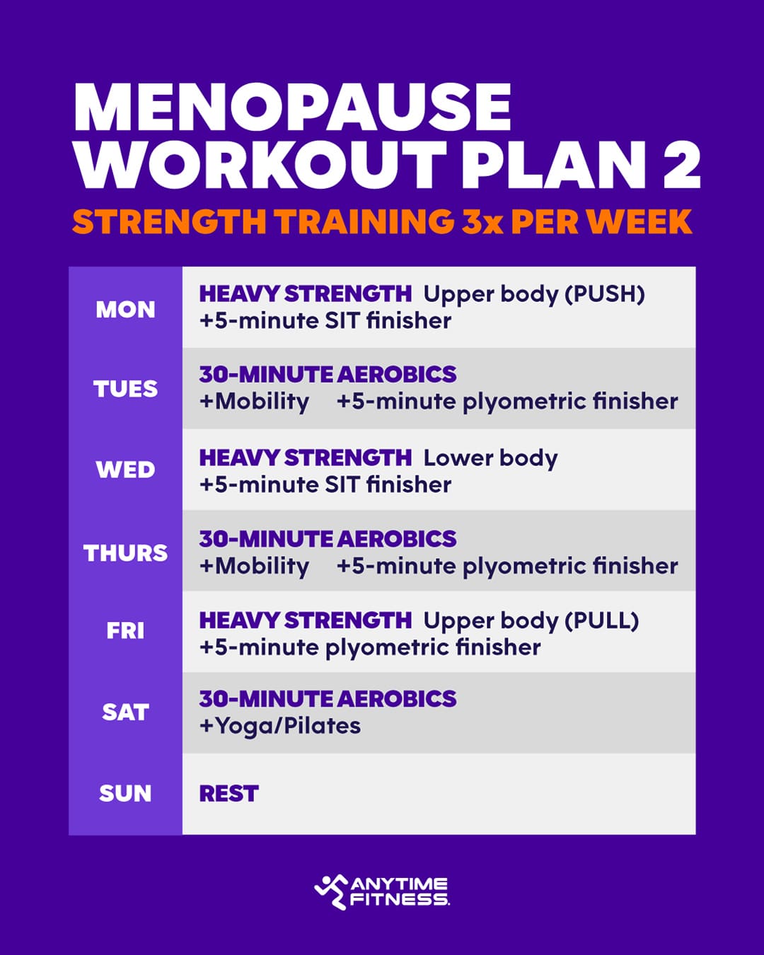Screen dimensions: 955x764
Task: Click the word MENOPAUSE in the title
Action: pyautogui.click(x=291, y=108)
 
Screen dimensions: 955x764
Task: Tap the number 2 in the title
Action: pyautogui.click(x=676, y=166)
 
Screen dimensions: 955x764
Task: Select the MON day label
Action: pyautogui.click(x=125, y=310)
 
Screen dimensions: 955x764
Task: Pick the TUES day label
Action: pyautogui.click(x=125, y=389)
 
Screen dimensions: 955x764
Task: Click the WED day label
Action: pyautogui.click(x=125, y=470)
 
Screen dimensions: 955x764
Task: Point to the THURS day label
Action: pyautogui.click(x=125, y=552)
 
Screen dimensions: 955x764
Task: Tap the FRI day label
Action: pyautogui.click(x=125, y=630)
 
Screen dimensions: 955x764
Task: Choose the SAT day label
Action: pyautogui.click(x=125, y=712)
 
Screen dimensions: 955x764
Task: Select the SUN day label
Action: pyautogui.click(x=125, y=794)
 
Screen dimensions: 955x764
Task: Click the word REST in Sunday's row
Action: pyautogui.click(x=228, y=794)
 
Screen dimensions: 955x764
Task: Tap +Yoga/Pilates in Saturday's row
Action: pyautogui.click(x=280, y=726)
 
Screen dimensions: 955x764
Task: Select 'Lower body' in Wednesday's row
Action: pyautogui.click(x=490, y=458)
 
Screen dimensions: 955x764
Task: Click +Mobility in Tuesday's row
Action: pyautogui.click(x=254, y=402)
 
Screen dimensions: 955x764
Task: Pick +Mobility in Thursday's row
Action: pyautogui.click(x=254, y=566)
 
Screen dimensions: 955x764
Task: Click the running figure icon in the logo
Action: pyautogui.click(x=330, y=891)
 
